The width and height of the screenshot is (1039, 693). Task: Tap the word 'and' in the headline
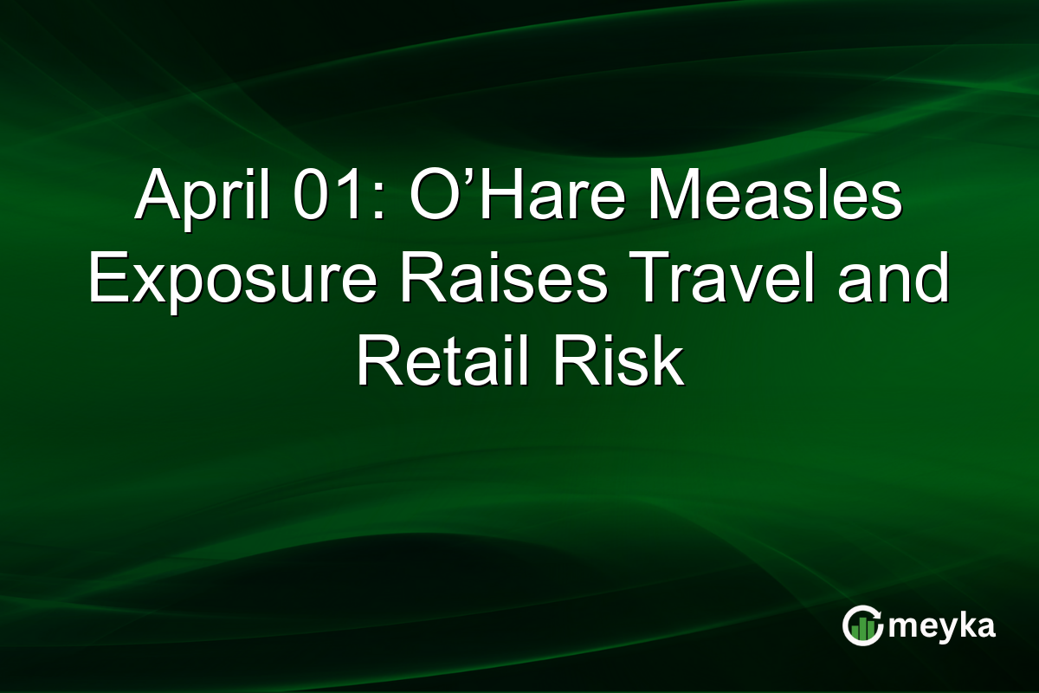pos(893,282)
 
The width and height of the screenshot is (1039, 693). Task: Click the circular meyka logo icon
pos(862,626)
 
